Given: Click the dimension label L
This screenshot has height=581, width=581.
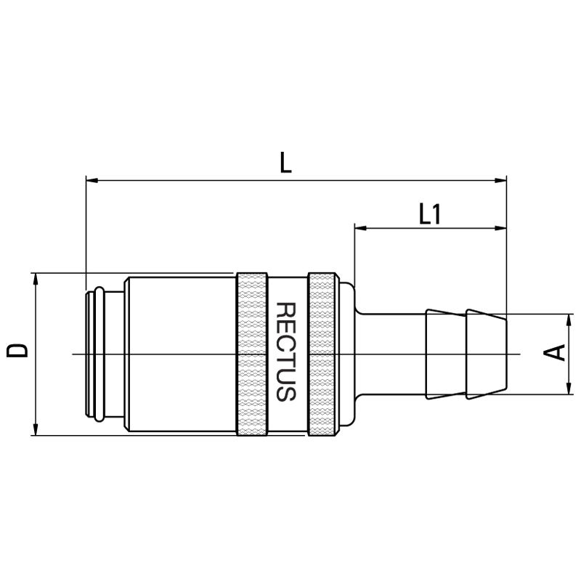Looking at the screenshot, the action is point(285,162).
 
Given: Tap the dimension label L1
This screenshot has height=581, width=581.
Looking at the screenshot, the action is point(429,214).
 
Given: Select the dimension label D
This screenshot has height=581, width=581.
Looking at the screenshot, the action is point(17,351).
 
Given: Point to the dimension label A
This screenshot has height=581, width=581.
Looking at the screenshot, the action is point(554,352).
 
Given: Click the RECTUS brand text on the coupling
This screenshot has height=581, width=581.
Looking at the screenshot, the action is point(286,352).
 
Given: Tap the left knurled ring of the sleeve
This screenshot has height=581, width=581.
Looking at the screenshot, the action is point(251,354).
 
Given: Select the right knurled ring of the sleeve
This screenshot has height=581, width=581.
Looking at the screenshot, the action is point(322,354).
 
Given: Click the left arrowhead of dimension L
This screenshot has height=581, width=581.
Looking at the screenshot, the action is point(92,180).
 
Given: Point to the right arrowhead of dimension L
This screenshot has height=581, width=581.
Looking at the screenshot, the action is point(500,180).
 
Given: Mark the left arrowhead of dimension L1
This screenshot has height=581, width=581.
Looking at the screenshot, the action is point(360,228).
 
